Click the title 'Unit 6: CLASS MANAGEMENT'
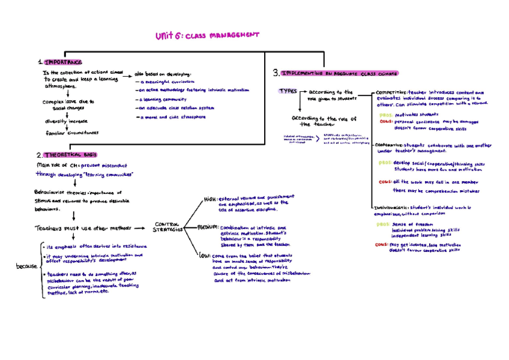tap(206, 36)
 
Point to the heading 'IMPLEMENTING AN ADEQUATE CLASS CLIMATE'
tap(339, 73)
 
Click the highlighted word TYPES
tap(288, 91)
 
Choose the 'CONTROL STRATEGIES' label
tap(167, 226)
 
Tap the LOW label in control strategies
tap(204, 255)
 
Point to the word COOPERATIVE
tap(388, 145)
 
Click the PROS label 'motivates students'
tap(385, 115)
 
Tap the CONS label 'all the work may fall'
tap(384, 182)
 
